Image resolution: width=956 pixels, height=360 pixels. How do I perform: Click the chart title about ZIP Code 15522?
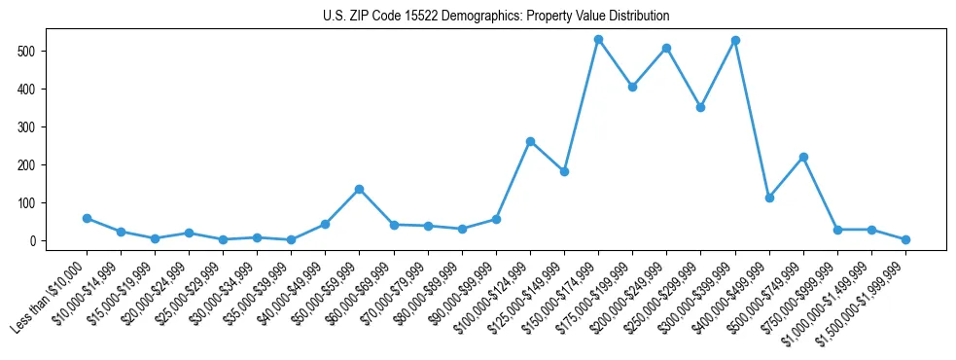(x=496, y=17)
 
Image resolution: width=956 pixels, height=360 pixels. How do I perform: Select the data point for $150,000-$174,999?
(x=598, y=40)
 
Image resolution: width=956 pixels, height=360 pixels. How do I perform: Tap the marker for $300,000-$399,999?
(x=735, y=41)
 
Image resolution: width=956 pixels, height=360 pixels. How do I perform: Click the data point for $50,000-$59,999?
(x=359, y=189)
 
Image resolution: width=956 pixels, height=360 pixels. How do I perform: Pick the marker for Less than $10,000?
(x=87, y=218)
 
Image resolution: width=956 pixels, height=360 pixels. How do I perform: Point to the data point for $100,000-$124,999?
(x=530, y=141)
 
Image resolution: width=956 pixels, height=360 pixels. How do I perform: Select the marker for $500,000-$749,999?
(x=803, y=157)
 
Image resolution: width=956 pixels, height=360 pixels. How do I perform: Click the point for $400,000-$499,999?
(x=769, y=198)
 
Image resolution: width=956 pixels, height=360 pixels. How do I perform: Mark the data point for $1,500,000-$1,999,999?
(x=905, y=239)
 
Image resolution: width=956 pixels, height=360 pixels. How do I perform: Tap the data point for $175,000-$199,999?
(x=632, y=87)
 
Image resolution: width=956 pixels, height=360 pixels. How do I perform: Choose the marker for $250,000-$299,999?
(x=700, y=107)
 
